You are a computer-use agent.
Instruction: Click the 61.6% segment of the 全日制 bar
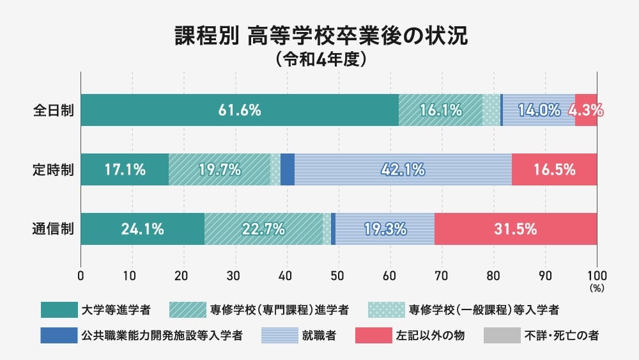pos(240,110)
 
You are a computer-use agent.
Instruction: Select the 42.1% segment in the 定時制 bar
pos(403,170)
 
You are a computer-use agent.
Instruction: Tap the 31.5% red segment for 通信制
pos(516,229)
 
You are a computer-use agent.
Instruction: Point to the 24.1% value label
pos(142,229)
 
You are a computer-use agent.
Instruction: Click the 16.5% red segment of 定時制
pos(554,170)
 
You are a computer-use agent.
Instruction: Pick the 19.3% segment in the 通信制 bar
pos(385,229)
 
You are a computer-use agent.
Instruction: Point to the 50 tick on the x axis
pos(339,276)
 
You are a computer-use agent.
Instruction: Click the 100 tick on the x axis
pos(597,276)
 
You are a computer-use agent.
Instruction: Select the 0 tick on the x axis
pos(81,276)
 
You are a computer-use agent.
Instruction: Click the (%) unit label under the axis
pos(597,288)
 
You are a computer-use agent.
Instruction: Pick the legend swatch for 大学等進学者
pos(59,310)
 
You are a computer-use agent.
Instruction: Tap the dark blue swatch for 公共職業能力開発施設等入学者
pos(59,335)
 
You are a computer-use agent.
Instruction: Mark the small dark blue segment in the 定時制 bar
pos(288,170)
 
